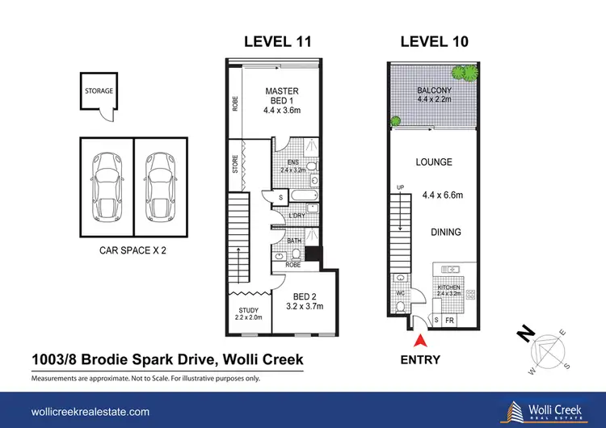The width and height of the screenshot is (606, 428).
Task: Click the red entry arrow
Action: [420, 341]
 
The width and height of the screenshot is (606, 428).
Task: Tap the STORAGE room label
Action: [99, 90]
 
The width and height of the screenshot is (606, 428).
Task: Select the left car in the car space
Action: [107, 187]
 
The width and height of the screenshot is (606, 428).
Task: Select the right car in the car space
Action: [161, 187]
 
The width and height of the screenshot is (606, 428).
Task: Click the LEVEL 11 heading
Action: [277, 42]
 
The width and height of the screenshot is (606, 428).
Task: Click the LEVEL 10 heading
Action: [435, 42]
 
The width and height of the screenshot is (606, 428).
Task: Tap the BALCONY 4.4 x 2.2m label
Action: [434, 94]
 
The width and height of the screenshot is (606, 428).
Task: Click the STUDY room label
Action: [249, 310]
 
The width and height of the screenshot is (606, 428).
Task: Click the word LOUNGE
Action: [434, 162]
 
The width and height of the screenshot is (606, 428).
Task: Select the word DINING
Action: [446, 232]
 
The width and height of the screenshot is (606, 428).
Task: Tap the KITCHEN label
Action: [448, 287]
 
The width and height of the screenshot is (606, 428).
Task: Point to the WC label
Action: [401, 293]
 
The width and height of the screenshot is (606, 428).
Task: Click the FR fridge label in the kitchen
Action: [449, 321]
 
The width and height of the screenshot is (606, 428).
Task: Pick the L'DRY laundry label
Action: [297, 216]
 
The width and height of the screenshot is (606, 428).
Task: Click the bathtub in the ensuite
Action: [304, 195]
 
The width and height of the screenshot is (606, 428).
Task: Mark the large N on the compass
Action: [526, 334]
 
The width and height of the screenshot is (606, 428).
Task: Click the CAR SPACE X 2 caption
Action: [133, 250]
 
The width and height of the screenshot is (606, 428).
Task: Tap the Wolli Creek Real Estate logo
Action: [545, 412]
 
